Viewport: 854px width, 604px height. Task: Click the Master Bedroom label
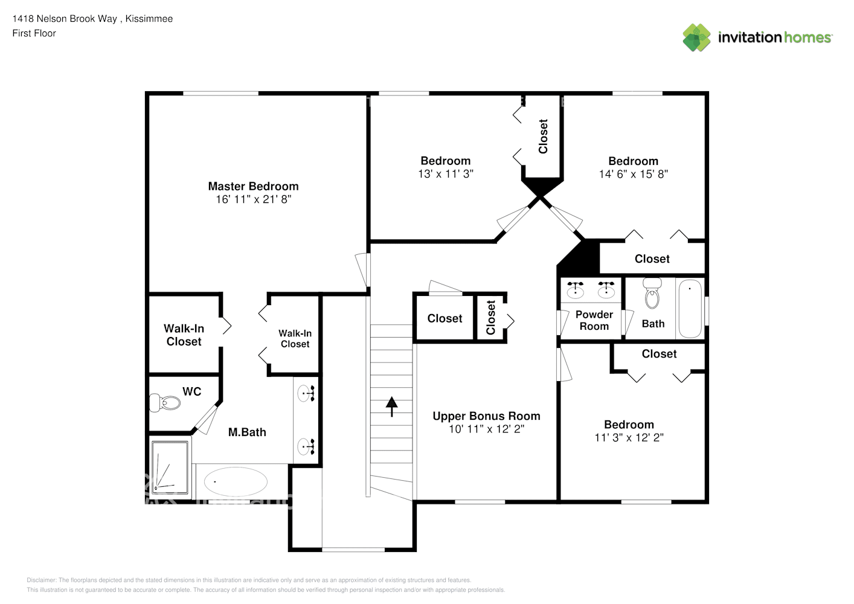[x=253, y=186]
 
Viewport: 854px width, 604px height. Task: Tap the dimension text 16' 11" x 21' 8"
[x=254, y=199]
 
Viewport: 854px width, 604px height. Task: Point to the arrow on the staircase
[x=391, y=406]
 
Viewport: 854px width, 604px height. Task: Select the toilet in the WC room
[x=165, y=402]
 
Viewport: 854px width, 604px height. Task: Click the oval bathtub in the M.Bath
[x=236, y=481]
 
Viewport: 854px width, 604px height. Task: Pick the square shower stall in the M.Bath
[x=170, y=467]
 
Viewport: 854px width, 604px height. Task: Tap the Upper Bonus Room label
[x=486, y=416]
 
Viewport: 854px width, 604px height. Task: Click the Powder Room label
[x=594, y=320]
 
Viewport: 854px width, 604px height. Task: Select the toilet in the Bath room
[x=652, y=293]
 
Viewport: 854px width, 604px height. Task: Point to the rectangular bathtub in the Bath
[x=690, y=309]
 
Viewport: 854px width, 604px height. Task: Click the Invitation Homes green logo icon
[x=696, y=37]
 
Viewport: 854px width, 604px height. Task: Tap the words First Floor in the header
[x=34, y=33]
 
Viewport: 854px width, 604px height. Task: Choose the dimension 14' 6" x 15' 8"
[x=634, y=174]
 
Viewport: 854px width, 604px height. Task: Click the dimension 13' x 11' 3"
[x=446, y=174]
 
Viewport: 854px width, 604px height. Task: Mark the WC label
[x=192, y=391]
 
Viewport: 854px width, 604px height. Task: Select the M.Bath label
[x=247, y=432]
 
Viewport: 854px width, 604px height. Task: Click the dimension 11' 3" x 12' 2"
[x=629, y=437]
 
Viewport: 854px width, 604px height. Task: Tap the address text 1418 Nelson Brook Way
[x=65, y=19]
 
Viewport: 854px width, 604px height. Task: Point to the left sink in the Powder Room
[x=576, y=290]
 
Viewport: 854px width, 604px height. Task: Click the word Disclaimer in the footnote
[x=41, y=580]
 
